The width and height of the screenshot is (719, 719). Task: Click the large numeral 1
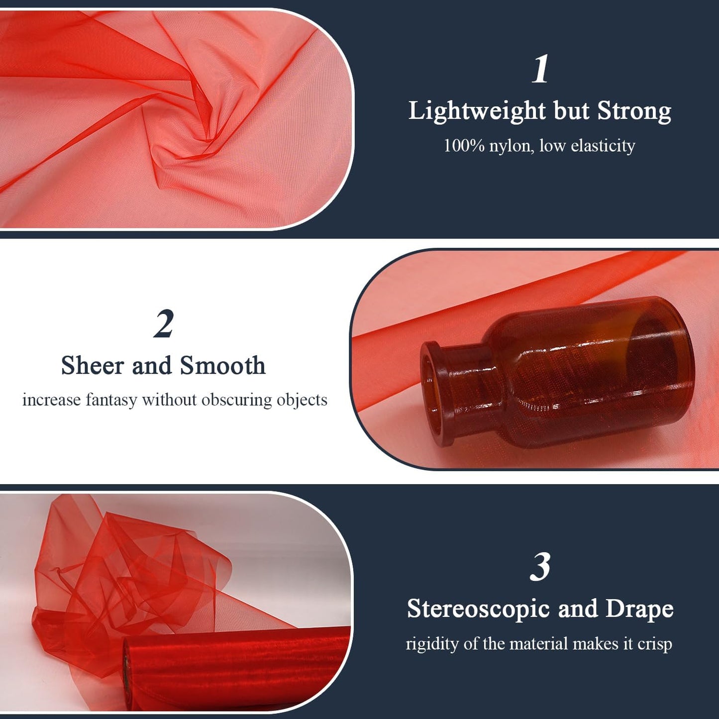click(540, 69)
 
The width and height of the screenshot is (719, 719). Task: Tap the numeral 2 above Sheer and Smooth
click(164, 324)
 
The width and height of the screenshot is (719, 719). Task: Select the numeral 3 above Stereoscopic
click(540, 567)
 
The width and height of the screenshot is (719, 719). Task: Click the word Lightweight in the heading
click(477, 111)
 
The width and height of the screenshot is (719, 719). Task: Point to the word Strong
click(634, 110)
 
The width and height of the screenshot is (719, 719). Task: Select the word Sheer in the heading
click(92, 366)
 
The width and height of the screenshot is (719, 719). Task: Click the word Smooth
click(222, 366)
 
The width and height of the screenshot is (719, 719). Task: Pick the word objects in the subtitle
click(302, 400)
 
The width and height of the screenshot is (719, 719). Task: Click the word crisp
click(655, 644)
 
